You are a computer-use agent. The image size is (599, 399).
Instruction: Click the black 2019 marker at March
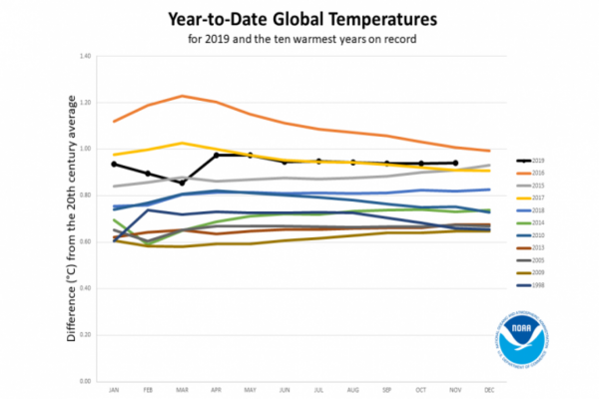pos(182,183)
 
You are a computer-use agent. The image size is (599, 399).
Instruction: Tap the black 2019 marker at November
pos(454,163)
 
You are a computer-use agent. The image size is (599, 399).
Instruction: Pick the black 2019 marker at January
pos(114,164)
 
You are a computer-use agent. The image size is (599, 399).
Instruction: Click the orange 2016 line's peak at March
pos(182,96)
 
